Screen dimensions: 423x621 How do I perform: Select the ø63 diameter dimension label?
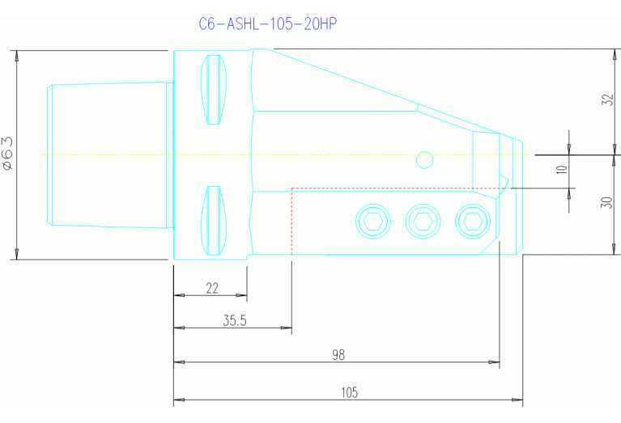(x=7, y=153)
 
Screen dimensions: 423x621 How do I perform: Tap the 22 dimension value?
(x=212, y=288)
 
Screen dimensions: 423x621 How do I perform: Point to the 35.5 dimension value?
(x=235, y=320)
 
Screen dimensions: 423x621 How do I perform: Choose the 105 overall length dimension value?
(x=349, y=393)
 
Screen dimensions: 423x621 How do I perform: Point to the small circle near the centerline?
(x=423, y=160)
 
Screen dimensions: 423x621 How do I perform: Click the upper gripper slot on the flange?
(x=214, y=89)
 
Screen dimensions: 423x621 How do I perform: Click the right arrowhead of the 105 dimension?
(x=518, y=400)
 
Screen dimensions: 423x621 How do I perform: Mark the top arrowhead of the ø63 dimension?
(x=16, y=55)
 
